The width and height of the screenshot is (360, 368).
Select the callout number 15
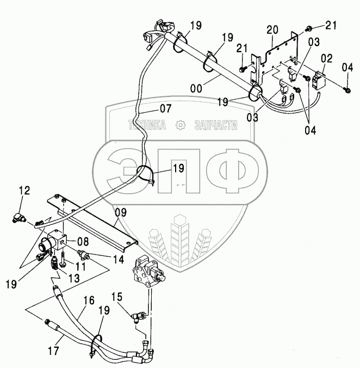117,297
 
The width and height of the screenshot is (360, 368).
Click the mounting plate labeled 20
277,60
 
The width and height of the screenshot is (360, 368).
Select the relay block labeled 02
318,76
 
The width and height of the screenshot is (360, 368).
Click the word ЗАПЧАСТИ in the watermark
215,125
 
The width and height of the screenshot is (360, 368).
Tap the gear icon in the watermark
180,125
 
